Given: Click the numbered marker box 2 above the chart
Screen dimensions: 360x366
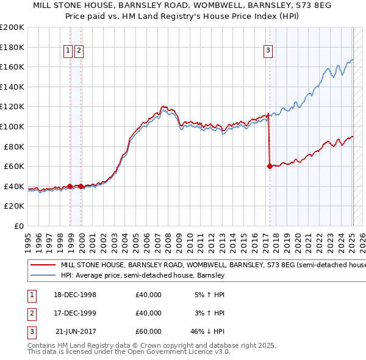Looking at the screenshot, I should click(x=79, y=51).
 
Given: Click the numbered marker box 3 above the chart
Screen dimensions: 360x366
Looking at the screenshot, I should click(x=268, y=51).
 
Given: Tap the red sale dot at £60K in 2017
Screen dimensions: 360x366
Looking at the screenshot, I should click(x=270, y=166).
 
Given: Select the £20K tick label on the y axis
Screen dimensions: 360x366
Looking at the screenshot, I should click(x=14, y=206).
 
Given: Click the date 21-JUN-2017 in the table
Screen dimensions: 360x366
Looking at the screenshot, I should click(x=75, y=331).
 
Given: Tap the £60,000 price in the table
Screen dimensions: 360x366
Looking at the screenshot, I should click(x=148, y=331).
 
